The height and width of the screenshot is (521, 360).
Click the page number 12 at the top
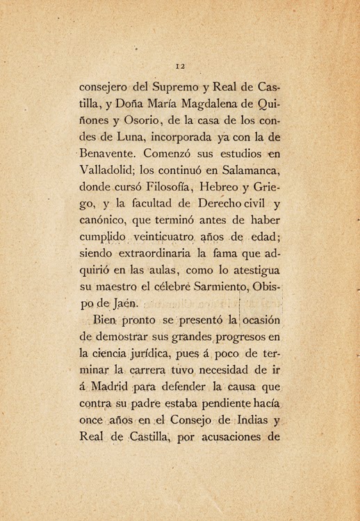(179, 67)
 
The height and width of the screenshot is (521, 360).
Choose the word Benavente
(111, 151)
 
